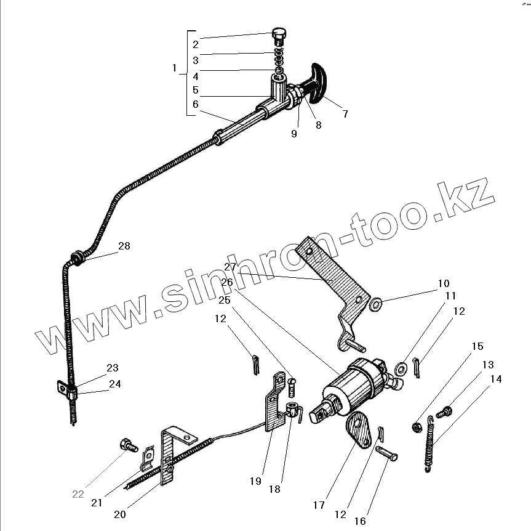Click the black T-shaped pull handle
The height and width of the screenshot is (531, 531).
[x=320, y=81]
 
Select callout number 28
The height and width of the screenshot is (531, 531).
[x=124, y=246]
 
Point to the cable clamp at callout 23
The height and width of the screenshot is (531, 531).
[x=69, y=391]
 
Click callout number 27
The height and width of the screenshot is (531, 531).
[x=230, y=267]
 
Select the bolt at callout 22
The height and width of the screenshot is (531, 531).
[x=129, y=444]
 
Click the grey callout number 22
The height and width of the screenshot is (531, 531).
[x=78, y=494]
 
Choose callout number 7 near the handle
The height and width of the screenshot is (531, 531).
[x=345, y=114]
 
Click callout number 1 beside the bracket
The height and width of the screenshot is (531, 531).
[x=174, y=67]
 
